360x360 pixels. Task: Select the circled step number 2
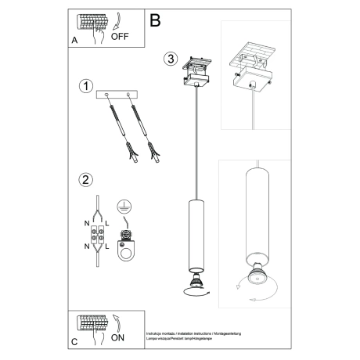[87, 179]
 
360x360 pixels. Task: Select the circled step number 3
[171, 59]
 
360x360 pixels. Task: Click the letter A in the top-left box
[74, 38]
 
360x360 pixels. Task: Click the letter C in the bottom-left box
[74, 341]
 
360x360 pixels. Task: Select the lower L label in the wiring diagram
[110, 247]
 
